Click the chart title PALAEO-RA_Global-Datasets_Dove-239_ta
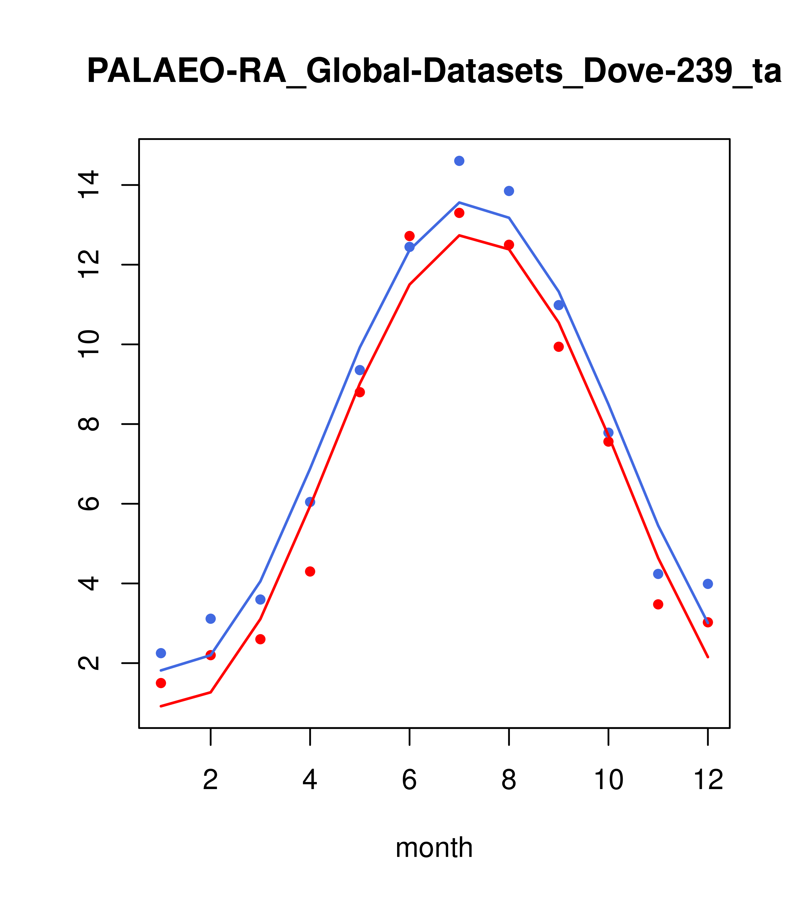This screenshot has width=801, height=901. [x=434, y=72]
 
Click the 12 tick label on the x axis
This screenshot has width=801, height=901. [x=708, y=780]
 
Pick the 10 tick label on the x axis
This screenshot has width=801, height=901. [x=608, y=780]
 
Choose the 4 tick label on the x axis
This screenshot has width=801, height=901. [x=310, y=780]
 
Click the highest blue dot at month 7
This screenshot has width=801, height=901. [x=459, y=161]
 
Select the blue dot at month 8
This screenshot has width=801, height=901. [x=509, y=191]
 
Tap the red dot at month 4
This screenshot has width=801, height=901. [x=310, y=572]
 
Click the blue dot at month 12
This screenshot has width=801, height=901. [x=708, y=584]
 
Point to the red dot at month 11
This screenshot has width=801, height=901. [x=658, y=604]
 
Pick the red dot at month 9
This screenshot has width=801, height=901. [x=558, y=347]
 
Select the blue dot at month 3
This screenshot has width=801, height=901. [x=260, y=599]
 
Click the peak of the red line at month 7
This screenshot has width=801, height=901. [x=459, y=235]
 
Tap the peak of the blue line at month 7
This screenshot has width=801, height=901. [x=459, y=202]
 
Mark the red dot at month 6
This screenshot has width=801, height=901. [x=410, y=236]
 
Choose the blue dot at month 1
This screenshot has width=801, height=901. [x=161, y=653]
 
